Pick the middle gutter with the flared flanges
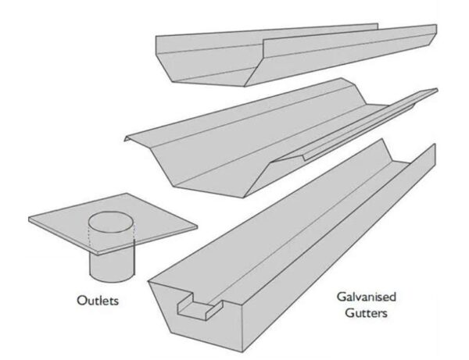pos(258,133)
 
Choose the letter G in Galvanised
pos(342,298)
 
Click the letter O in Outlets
pos(81,300)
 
